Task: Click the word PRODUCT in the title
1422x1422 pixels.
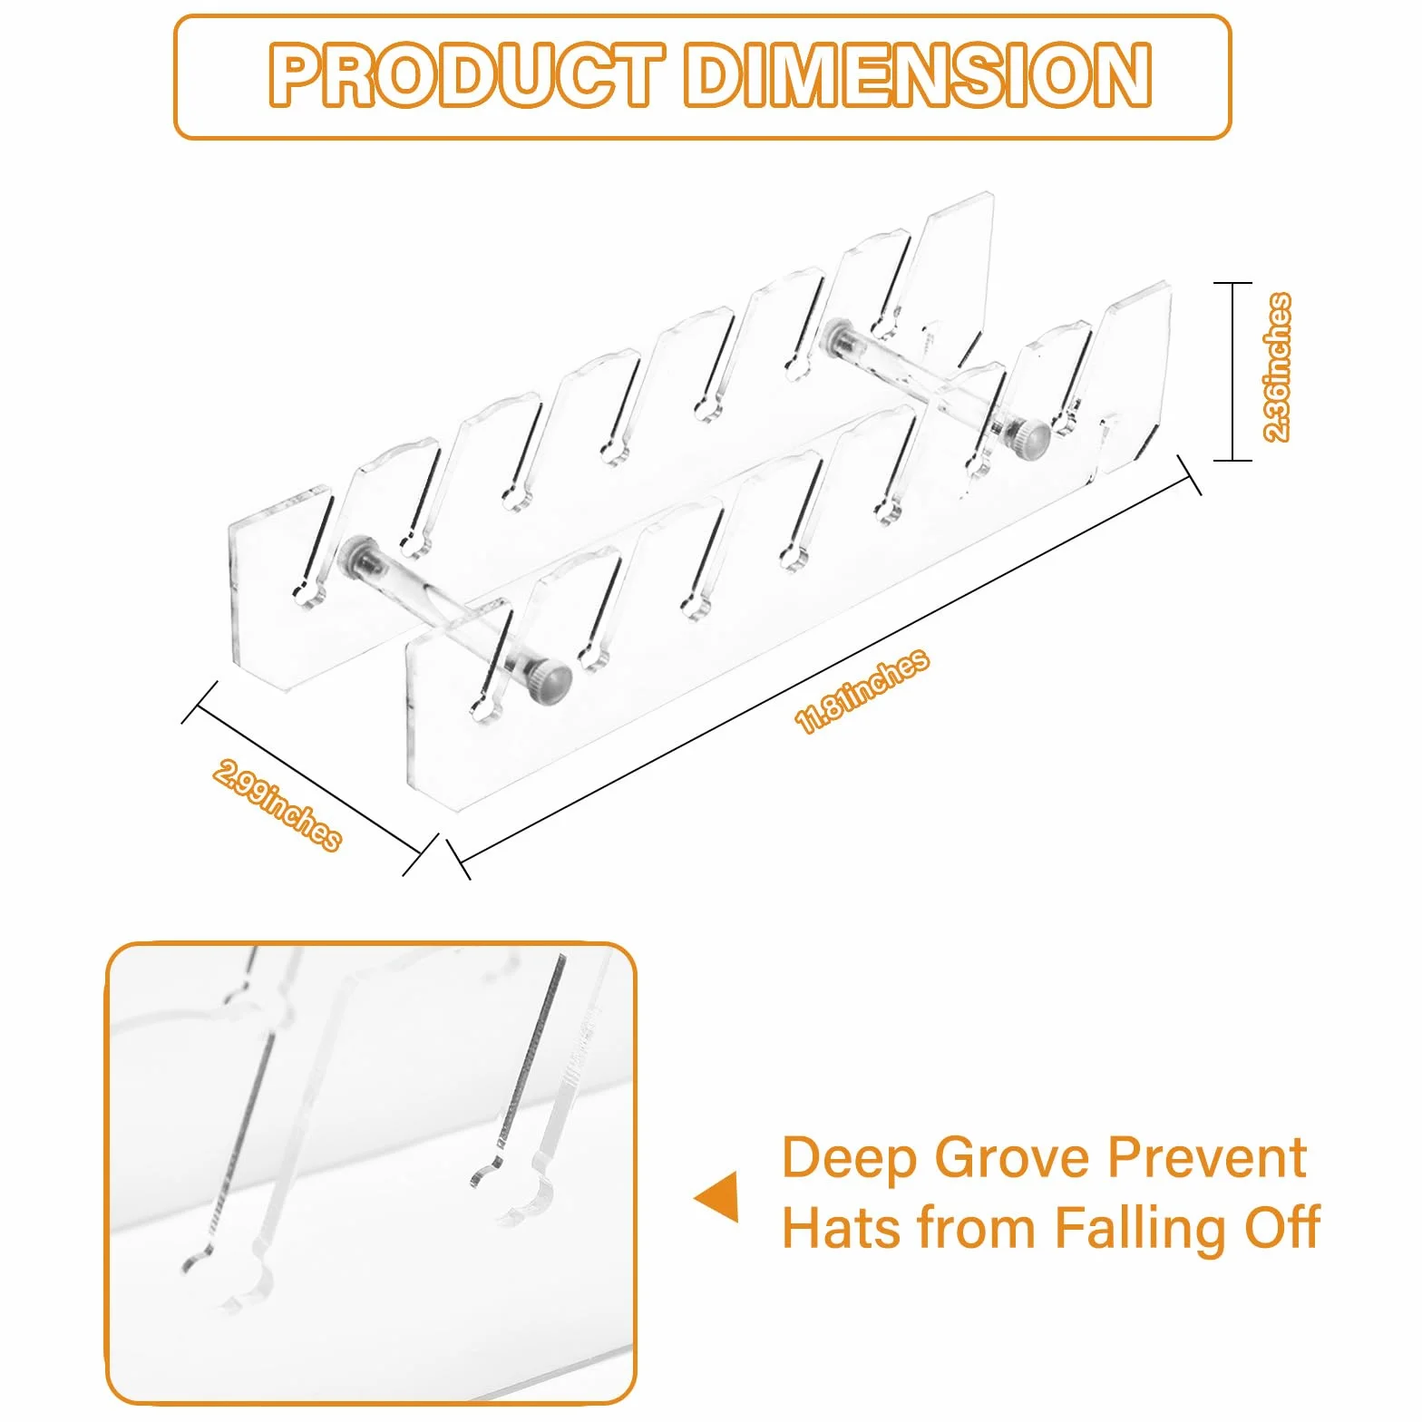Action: coord(466,75)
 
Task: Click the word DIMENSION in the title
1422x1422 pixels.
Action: coord(918,75)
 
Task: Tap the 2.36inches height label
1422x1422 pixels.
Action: coord(1277,367)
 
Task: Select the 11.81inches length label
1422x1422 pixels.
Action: coord(862,690)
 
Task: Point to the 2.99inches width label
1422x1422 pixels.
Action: coord(278,805)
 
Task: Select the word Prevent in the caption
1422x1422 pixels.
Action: coord(1208,1158)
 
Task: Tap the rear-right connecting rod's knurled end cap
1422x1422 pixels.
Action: coord(1030,440)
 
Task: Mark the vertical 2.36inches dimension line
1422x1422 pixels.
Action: coord(1232,372)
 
